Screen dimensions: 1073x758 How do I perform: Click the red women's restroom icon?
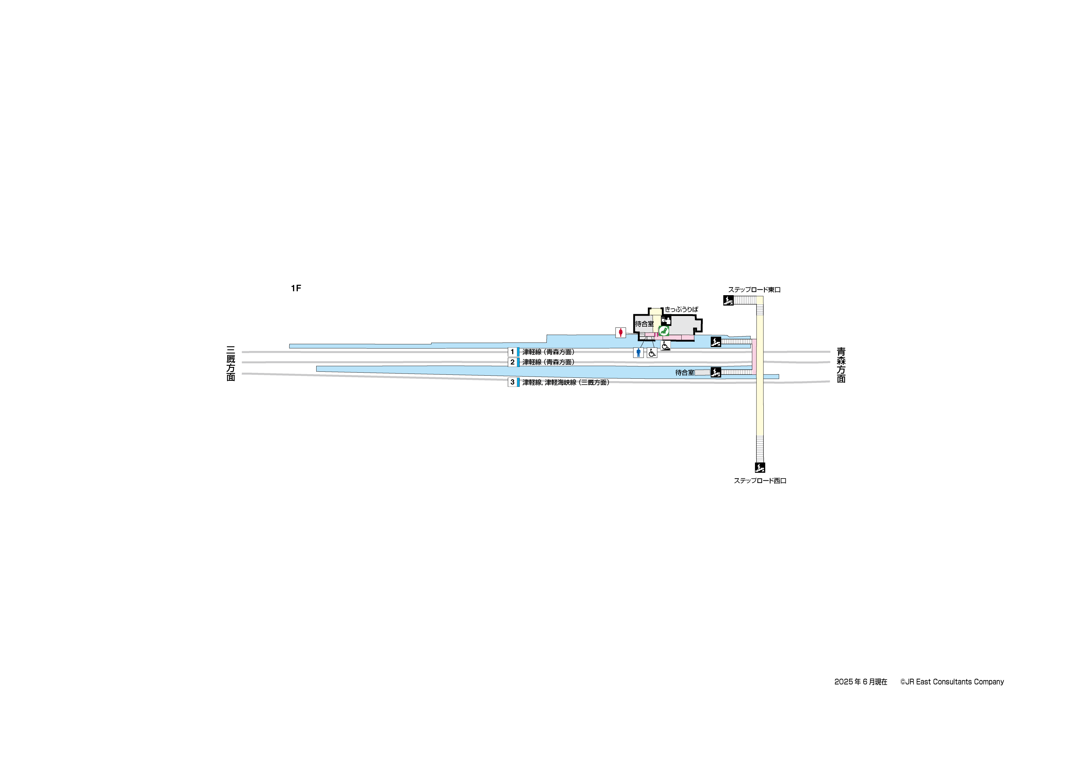pyautogui.click(x=620, y=333)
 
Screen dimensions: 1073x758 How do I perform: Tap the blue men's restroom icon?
pyautogui.click(x=638, y=352)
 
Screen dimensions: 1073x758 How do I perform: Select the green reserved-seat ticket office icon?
pyautogui.click(x=664, y=331)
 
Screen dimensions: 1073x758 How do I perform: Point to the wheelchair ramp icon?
pyautogui.click(x=665, y=346)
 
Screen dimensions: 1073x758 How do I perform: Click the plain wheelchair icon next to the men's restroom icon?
pyautogui.click(x=652, y=352)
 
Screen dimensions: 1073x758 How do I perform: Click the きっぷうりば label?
pyautogui.click(x=681, y=309)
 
